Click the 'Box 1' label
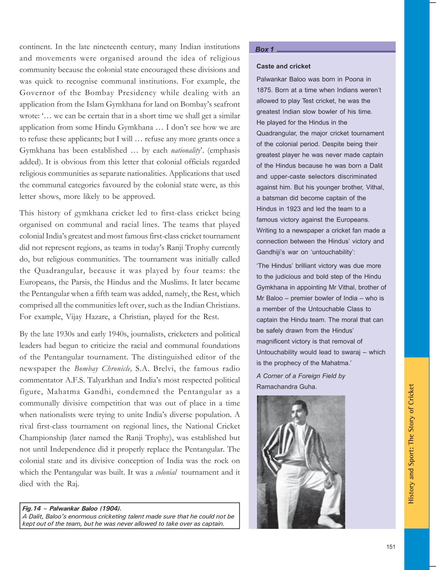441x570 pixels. (264, 49)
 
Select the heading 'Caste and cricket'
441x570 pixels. (283, 66)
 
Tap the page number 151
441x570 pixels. (391, 546)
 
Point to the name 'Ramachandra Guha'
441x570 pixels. (286, 387)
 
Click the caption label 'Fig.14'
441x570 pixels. (31, 508)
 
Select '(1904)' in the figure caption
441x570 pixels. (110, 508)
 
